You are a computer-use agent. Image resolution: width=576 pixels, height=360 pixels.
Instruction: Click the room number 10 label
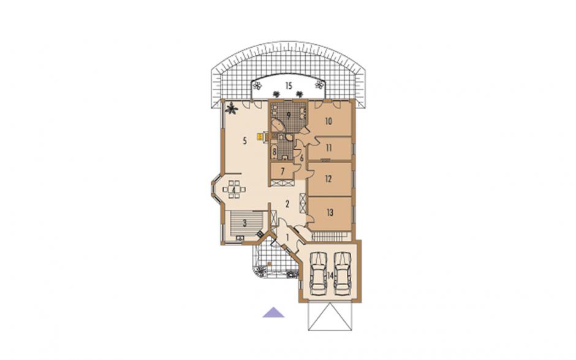tap(328, 121)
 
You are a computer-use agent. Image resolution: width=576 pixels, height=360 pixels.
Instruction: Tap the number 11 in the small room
tap(329, 148)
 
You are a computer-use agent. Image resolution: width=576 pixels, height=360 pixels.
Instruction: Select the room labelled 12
tap(328, 178)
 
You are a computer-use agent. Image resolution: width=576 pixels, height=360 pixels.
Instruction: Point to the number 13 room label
tap(330, 212)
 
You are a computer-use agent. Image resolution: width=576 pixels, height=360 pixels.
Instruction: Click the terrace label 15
tap(289, 86)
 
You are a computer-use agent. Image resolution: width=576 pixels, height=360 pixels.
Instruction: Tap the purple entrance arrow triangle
tap(273, 312)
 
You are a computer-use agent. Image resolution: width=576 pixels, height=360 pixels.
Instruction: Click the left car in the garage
tap(319, 273)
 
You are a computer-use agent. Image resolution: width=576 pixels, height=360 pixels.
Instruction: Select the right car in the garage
tap(343, 273)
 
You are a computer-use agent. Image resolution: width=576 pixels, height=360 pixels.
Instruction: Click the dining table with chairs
tap(234, 190)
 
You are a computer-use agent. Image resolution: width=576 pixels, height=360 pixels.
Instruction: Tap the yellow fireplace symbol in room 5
tap(260, 137)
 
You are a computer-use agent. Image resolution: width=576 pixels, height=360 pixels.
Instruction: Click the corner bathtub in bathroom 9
tap(278, 126)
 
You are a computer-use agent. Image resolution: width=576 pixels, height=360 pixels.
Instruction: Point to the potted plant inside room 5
tap(232, 109)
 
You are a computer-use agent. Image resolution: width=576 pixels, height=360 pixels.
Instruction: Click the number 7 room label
tap(282, 171)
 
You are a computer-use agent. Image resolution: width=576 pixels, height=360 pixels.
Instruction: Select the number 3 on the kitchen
tap(244, 223)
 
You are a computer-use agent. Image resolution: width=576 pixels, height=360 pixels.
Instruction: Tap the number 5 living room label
tap(244, 141)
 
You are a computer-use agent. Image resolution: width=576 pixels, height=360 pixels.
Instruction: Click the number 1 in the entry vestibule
tap(287, 237)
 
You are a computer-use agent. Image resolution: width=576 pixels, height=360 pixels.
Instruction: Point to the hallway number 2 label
tap(287, 204)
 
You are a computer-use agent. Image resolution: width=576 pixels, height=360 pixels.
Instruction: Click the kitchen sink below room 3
tap(240, 238)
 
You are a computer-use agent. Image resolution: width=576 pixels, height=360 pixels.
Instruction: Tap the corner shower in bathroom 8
tap(289, 137)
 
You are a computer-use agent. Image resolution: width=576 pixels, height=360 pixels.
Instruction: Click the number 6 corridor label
tap(302, 159)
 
